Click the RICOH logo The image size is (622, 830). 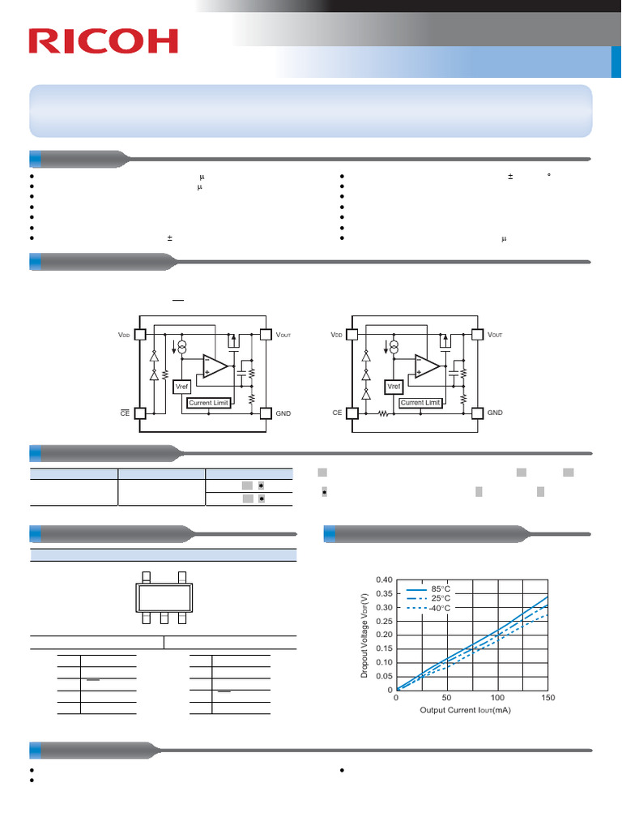point(103,41)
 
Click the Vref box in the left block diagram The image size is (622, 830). point(182,387)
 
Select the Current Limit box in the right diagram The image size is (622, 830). point(420,402)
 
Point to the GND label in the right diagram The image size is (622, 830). point(495,413)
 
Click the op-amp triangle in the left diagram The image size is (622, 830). point(214,366)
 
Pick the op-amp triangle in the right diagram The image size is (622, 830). point(427,366)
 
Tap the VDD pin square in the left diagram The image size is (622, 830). point(139,334)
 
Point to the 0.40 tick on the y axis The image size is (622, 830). point(384,580)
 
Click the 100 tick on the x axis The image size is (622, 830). point(497,698)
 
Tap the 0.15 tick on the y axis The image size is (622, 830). point(384,648)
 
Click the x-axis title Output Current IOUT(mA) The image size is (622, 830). point(465,710)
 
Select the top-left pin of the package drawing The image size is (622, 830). point(146,576)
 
